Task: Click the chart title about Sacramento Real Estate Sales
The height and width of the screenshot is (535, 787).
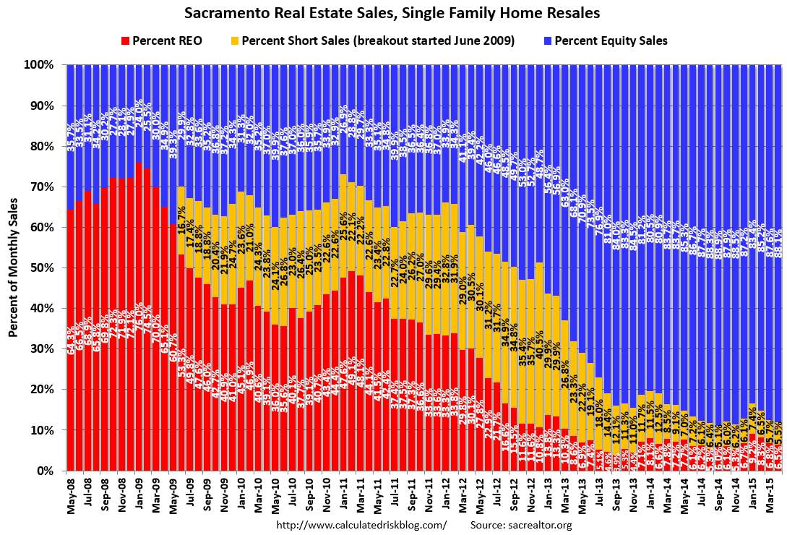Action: click(x=392, y=13)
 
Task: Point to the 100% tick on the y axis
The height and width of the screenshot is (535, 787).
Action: click(x=40, y=65)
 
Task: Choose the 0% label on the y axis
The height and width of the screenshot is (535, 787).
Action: click(x=46, y=471)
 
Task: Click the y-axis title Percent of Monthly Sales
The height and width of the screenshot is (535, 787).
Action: click(x=14, y=268)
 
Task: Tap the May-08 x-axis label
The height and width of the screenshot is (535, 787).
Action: click(x=71, y=495)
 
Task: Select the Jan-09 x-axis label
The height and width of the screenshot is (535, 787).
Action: click(x=139, y=495)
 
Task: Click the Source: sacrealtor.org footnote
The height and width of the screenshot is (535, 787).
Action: click(x=521, y=525)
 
